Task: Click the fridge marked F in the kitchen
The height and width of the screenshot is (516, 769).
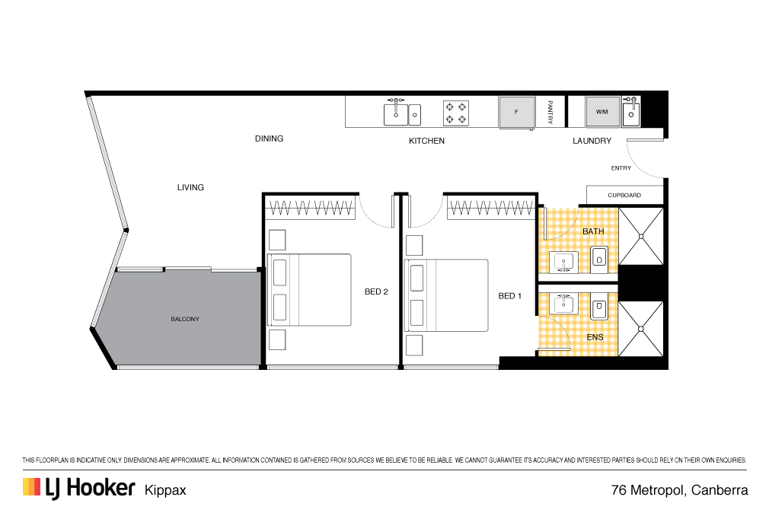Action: pyautogui.click(x=517, y=112)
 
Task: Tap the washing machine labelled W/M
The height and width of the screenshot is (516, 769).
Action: pyautogui.click(x=601, y=112)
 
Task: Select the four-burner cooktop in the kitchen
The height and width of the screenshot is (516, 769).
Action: pyautogui.click(x=455, y=113)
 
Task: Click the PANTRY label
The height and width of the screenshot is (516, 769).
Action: pyautogui.click(x=550, y=112)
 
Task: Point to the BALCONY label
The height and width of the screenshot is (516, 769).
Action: pyautogui.click(x=185, y=319)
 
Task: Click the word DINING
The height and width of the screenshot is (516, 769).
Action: pyautogui.click(x=269, y=139)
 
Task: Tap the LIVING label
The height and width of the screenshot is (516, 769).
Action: pyautogui.click(x=190, y=187)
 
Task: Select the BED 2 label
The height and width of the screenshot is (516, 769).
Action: pyautogui.click(x=376, y=291)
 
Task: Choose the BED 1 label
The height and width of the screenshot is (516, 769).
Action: pyautogui.click(x=509, y=296)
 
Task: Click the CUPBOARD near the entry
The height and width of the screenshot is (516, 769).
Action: pyautogui.click(x=624, y=195)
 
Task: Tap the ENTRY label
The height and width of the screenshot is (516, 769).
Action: pyautogui.click(x=621, y=168)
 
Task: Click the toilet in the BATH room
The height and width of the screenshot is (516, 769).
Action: pyautogui.click(x=599, y=257)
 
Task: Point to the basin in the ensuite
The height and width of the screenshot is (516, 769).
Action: pyautogui.click(x=563, y=304)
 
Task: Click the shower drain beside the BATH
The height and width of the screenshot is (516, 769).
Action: pyautogui.click(x=641, y=237)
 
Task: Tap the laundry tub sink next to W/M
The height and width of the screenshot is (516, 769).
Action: pyautogui.click(x=631, y=112)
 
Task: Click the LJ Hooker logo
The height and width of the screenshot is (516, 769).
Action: pyautogui.click(x=79, y=488)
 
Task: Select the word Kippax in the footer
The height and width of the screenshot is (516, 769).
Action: pyautogui.click(x=165, y=490)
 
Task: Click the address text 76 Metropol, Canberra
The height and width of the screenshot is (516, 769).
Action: pyautogui.click(x=679, y=490)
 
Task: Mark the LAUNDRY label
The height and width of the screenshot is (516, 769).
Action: pyautogui.click(x=592, y=141)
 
